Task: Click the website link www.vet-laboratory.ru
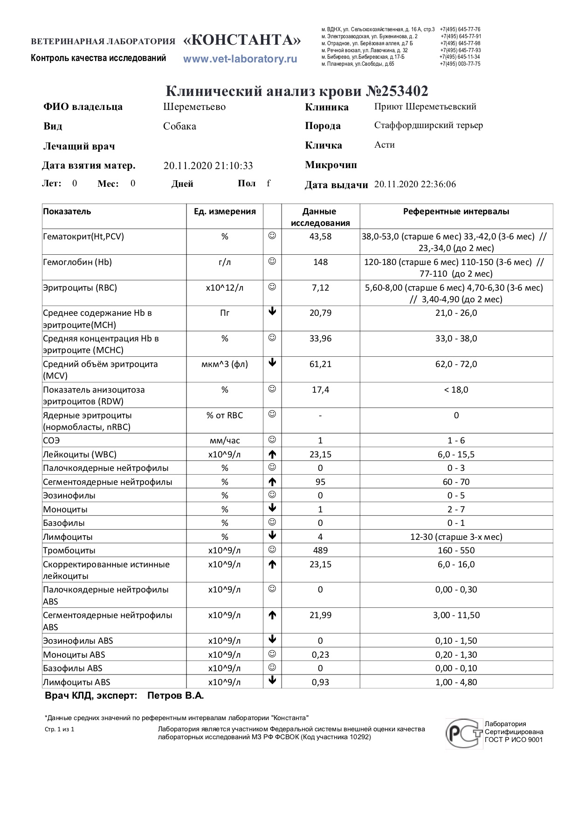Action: [240, 59]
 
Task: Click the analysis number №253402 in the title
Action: [397, 91]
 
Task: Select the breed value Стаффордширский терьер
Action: [428, 125]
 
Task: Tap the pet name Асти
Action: [385, 145]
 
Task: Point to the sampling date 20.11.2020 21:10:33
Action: [208, 166]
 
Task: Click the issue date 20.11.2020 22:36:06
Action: [415, 184]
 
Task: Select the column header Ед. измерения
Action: [225, 211]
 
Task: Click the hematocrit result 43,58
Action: [320, 237]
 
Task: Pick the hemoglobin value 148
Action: [320, 262]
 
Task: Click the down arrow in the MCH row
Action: [272, 312]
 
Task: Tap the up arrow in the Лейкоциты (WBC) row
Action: [272, 454]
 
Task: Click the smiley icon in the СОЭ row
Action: [272, 440]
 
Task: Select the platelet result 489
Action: [320, 551]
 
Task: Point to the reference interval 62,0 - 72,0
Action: [456, 364]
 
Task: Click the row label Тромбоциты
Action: [69, 551]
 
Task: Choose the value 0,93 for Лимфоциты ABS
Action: [320, 682]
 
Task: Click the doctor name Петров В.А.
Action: [175, 696]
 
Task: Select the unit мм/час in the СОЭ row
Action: [225, 441]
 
